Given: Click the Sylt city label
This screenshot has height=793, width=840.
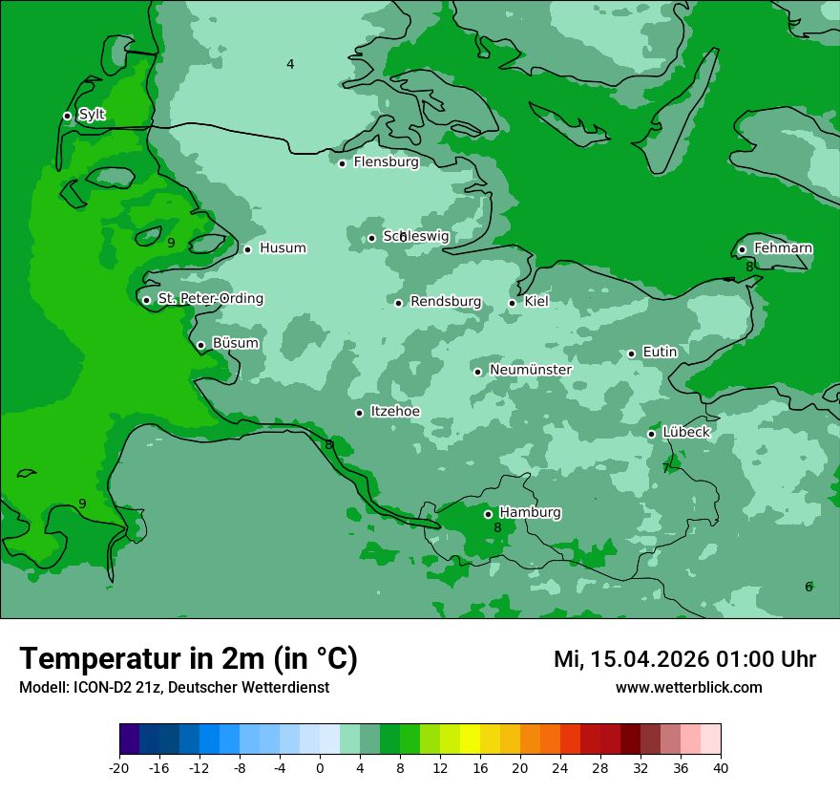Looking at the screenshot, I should point(92,115).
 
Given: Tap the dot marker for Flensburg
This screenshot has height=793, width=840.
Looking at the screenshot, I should point(342,163).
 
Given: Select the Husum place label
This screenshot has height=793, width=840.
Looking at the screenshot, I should point(283,248).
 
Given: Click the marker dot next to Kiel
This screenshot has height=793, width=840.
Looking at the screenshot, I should point(513,303).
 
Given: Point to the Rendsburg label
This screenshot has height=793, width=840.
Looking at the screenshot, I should point(446,302).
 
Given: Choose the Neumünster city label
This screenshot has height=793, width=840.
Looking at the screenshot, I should point(531,370).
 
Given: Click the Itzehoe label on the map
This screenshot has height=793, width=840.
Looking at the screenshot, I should point(395,412).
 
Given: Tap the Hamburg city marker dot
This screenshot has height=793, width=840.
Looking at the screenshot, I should point(488,514).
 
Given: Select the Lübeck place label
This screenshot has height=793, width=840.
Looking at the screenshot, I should point(686,432).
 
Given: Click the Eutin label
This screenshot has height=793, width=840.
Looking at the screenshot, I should point(660,352).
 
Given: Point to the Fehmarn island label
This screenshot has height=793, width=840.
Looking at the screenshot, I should point(783,248).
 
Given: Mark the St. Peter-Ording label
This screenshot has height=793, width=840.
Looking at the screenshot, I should point(210,299).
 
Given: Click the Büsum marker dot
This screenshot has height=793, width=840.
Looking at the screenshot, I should point(200,345).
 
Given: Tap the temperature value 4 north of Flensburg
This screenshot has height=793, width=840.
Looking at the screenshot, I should point(290,64).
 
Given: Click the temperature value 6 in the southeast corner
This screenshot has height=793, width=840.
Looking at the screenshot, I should point(808,587).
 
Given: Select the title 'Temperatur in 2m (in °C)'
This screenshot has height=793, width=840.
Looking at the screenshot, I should point(188,658).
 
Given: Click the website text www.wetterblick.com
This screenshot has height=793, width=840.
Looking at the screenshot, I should point(688,687).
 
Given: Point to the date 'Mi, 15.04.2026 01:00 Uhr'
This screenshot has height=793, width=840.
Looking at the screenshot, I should point(684,659).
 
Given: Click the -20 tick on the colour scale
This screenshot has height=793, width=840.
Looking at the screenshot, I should point(119,767).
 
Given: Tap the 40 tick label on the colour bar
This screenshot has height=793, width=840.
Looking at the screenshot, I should point(721,767).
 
